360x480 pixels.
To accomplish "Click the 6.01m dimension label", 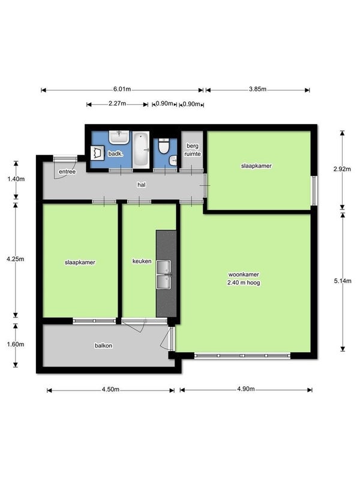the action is [x=122, y=89].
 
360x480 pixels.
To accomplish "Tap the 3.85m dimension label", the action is [x=257, y=89].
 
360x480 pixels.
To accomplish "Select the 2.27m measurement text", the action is [x=117, y=104].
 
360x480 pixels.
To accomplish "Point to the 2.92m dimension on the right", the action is [x=342, y=169].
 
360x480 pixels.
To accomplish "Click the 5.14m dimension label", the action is [x=343, y=281].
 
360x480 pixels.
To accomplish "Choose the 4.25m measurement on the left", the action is [x=16, y=259].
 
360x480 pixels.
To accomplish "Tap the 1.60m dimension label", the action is [x=16, y=344].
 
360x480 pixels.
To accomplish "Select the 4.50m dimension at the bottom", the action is [x=110, y=389].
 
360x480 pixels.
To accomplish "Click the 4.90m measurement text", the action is [x=246, y=389].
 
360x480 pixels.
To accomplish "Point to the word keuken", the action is [x=142, y=262].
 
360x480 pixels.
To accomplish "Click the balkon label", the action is [x=103, y=346].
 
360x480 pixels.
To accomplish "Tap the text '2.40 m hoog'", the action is [x=244, y=283].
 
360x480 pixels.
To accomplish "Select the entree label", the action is [x=67, y=172].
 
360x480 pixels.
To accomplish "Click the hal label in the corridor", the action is [x=142, y=185].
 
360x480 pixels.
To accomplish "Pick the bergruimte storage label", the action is [x=193, y=150].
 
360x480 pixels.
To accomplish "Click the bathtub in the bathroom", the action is [x=141, y=149].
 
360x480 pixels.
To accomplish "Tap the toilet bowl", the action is [x=164, y=146].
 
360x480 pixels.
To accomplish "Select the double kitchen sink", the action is [x=164, y=275].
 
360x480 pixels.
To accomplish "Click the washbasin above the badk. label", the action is [x=119, y=137].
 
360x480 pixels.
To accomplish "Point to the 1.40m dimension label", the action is [x=16, y=179].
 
